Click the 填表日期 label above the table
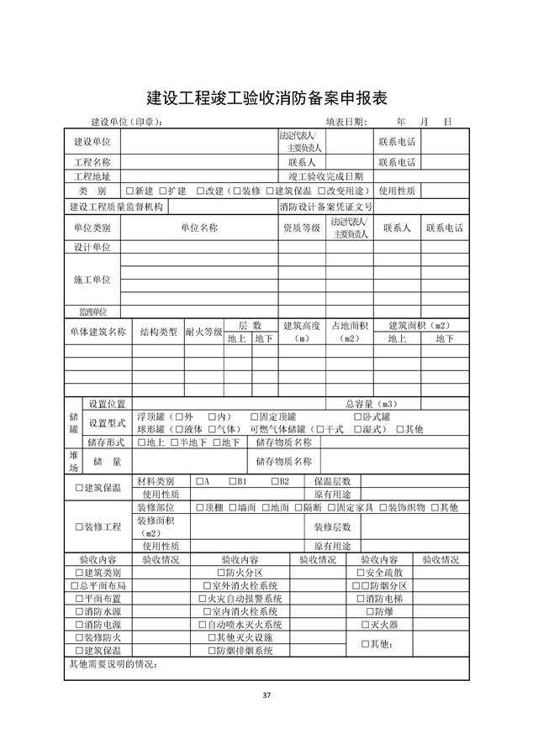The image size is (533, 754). [347, 122]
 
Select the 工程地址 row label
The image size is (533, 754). [92, 176]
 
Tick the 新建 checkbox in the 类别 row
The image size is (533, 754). [129, 191]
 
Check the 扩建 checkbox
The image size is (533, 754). [161, 191]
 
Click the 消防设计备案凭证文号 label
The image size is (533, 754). [326, 207]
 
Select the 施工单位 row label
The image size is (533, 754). [92, 279]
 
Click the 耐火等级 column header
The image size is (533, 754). [203, 332]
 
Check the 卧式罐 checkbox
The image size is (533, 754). [357, 416]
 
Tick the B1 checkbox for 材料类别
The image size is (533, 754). [233, 482]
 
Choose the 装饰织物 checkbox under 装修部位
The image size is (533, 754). [383, 508]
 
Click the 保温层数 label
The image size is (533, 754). [332, 482]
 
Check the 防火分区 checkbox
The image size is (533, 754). [219, 573]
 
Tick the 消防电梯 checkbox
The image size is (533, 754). [359, 599]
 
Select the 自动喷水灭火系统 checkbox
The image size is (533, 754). [202, 625]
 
